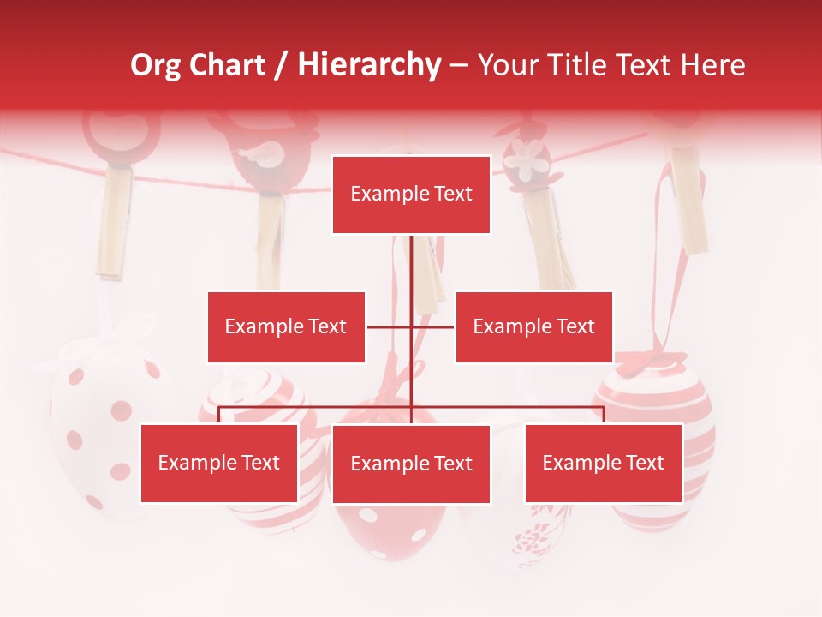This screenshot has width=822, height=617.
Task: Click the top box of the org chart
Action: tap(411, 195)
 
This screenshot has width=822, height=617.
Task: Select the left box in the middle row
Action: tap(286, 326)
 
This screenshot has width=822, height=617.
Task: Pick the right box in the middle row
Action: tap(533, 326)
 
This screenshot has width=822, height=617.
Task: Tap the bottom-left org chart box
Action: tap(219, 463)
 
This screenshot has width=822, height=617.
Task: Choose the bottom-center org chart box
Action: tap(411, 464)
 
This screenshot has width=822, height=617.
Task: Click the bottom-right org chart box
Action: tap(603, 463)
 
